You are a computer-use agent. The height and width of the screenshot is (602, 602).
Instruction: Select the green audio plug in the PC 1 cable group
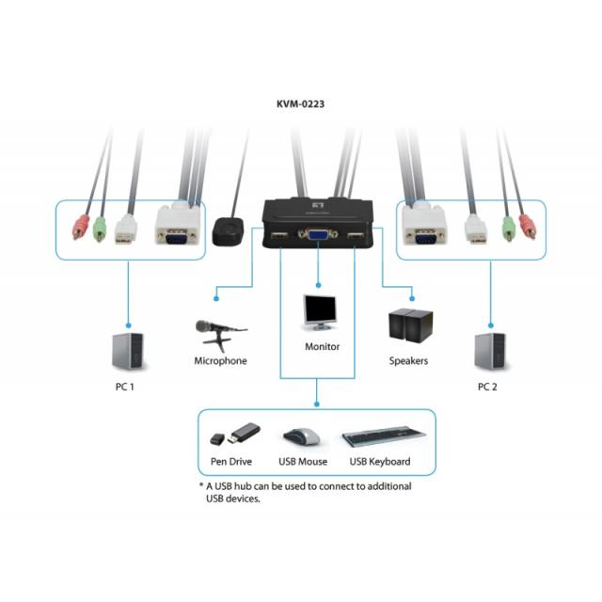[x=100, y=227]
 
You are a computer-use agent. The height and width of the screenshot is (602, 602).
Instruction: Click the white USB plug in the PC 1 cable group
[x=124, y=230]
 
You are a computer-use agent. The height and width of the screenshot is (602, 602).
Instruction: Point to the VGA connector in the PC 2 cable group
[x=422, y=229]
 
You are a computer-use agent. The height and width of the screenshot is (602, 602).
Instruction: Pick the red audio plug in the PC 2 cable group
[x=527, y=227]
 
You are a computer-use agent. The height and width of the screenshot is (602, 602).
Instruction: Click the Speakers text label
[x=408, y=360]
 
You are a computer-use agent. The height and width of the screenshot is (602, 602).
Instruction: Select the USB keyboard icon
[x=380, y=437]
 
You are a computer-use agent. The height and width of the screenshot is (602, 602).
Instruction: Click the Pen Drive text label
[x=230, y=462]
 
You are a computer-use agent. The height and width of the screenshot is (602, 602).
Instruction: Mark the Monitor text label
[x=322, y=346]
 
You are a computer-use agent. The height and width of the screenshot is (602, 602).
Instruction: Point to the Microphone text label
[x=220, y=360]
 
